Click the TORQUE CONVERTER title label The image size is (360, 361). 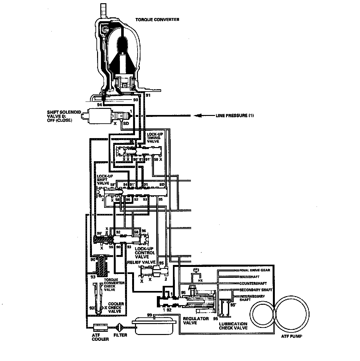click(x=157, y=20)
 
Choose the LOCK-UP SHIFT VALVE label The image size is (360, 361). click(x=104, y=180)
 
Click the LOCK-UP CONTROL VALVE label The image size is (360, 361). click(x=145, y=253)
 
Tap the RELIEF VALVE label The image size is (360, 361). click(x=139, y=262)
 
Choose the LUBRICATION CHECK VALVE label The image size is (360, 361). click(x=233, y=326)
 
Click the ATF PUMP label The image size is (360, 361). click(x=291, y=337)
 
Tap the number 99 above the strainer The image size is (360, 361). click(x=149, y=315)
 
